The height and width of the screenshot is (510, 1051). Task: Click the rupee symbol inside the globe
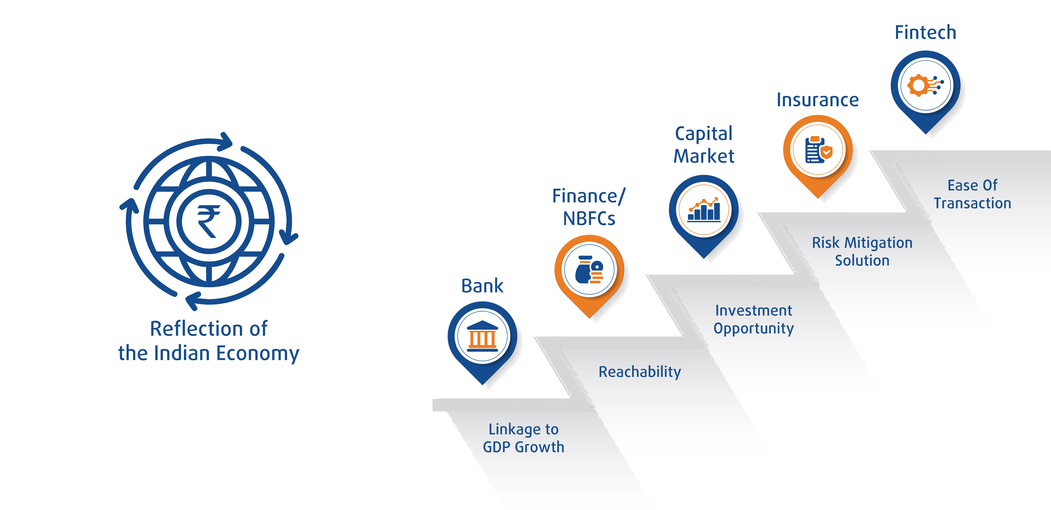208,221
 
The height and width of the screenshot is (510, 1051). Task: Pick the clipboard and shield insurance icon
818,150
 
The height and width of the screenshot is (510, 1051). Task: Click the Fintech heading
925,33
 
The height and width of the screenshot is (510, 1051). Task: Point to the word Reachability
639,372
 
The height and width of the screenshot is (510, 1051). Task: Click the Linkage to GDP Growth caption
524,438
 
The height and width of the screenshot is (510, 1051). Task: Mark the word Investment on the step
753,311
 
